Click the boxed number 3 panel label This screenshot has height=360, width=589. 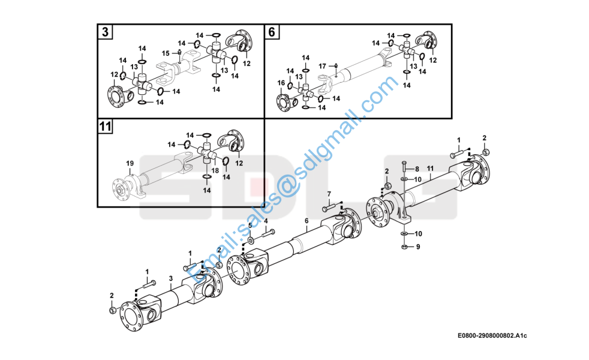[x=106, y=32]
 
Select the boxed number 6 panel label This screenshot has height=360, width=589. [x=272, y=32]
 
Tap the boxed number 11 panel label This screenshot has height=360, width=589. [x=106, y=127]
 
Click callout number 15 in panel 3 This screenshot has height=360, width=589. [x=166, y=53]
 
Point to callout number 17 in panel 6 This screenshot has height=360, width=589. [x=322, y=65]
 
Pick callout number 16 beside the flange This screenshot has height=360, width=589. [x=280, y=83]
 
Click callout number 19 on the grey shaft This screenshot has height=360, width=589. [x=129, y=163]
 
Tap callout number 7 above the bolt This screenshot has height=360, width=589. [x=329, y=194]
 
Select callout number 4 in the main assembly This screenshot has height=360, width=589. [x=266, y=221]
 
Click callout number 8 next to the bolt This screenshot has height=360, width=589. [x=417, y=170]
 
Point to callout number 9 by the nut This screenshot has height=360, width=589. [x=418, y=247]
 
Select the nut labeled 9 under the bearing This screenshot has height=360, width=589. [x=405, y=247]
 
